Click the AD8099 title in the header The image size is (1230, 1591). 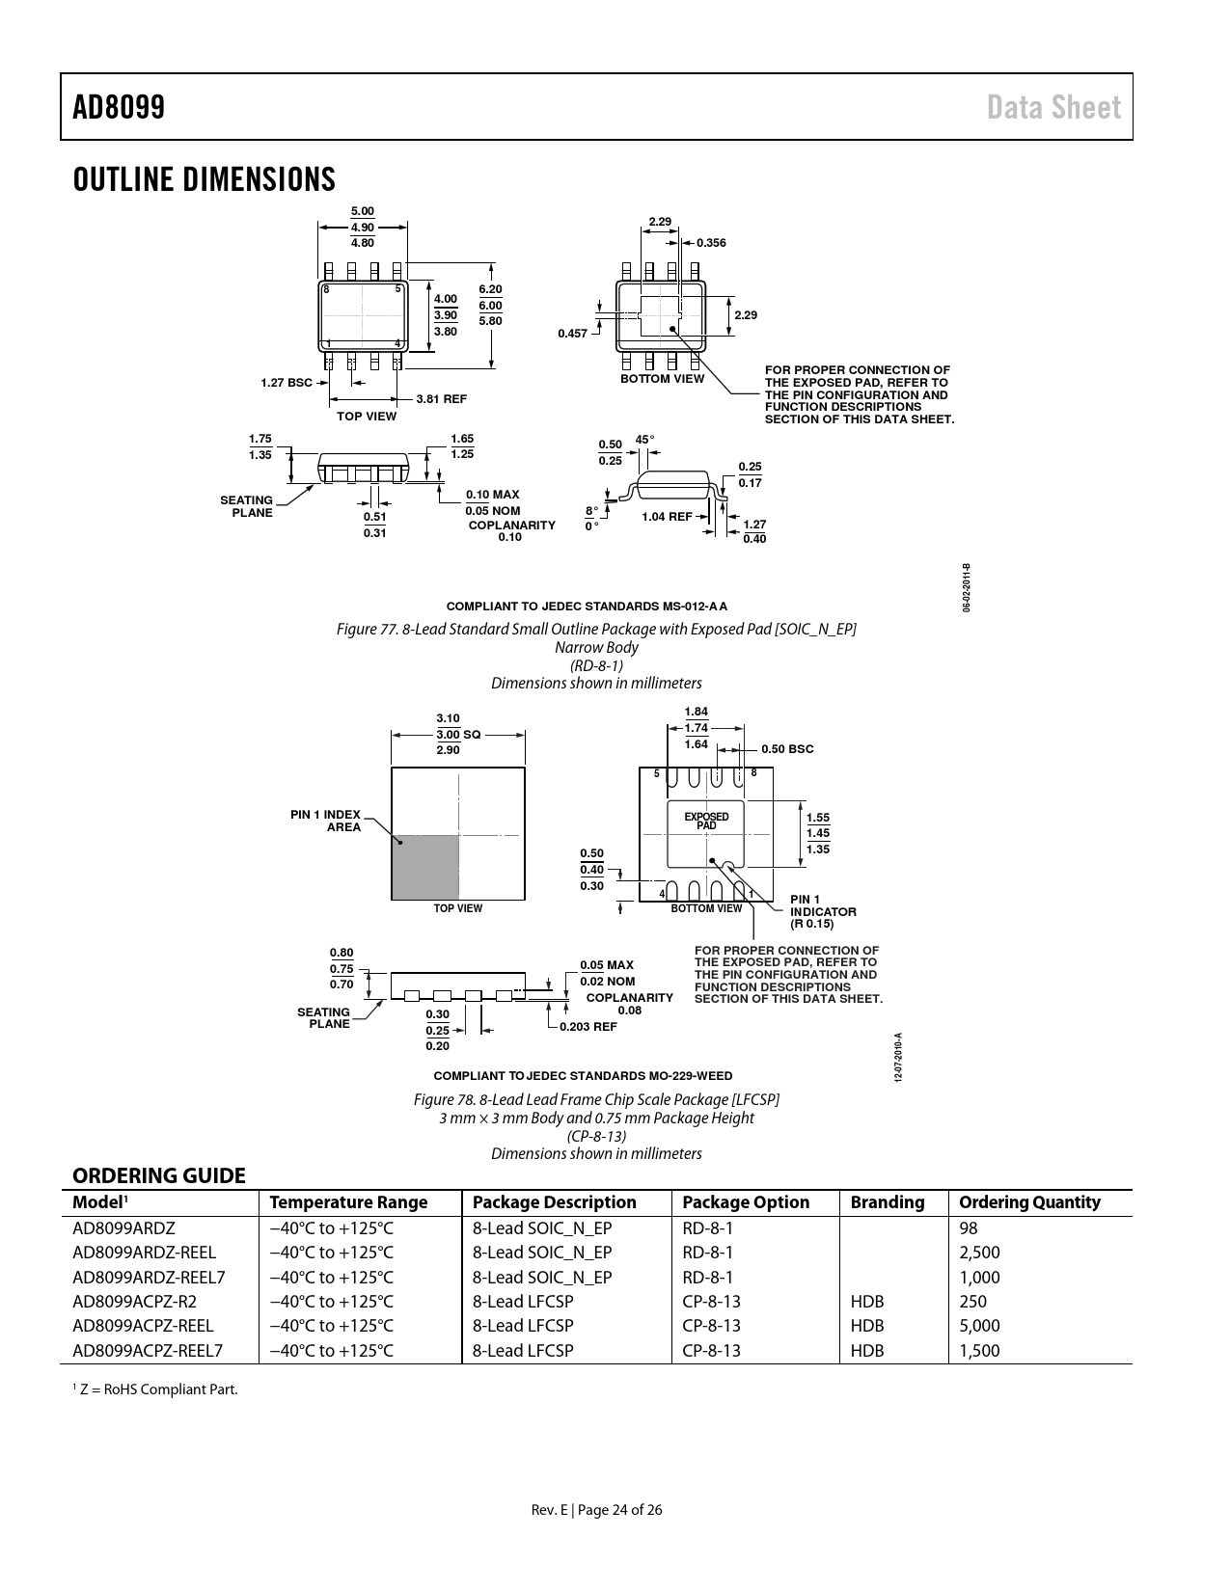pyautogui.click(x=119, y=107)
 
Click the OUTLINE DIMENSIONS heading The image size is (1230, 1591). pyautogui.click(x=204, y=179)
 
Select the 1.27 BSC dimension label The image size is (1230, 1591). pyautogui.click(x=287, y=382)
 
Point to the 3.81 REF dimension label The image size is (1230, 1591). pyautogui.click(x=441, y=399)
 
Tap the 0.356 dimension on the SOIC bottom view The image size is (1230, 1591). pyautogui.click(x=711, y=243)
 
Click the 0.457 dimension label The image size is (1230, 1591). pyautogui.click(x=572, y=333)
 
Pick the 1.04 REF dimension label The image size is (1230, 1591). pyautogui.click(x=667, y=516)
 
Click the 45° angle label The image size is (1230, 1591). pyautogui.click(x=644, y=440)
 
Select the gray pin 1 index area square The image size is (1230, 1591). pyautogui.click(x=424, y=867)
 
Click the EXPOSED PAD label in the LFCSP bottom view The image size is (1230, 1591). pyautogui.click(x=706, y=821)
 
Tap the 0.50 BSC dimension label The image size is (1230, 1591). pyautogui.click(x=787, y=749)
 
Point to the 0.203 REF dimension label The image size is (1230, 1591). pyautogui.click(x=588, y=1027)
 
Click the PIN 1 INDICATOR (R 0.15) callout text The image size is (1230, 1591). pyautogui.click(x=823, y=911)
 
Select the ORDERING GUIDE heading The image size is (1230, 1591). pyautogui.click(x=159, y=1175)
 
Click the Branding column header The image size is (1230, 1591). pyautogui.click(x=888, y=1202)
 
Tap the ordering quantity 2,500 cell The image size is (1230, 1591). pyautogui.click(x=979, y=1252)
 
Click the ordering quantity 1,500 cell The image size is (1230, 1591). pyautogui.click(x=979, y=1350)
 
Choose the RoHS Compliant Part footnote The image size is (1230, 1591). pyautogui.click(x=155, y=1389)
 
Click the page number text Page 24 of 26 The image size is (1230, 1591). pyautogui.click(x=619, y=1509)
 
